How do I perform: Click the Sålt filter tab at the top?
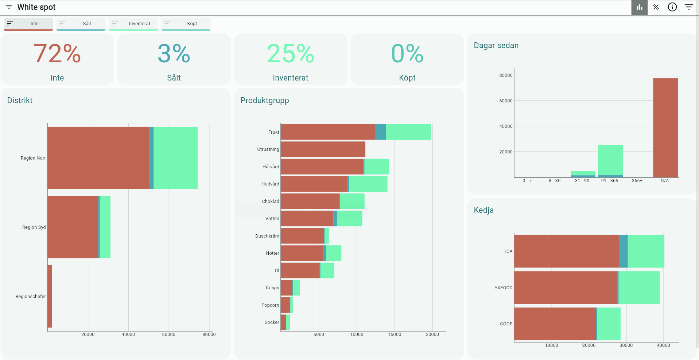81,24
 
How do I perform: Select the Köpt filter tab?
186,24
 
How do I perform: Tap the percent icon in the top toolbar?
656,7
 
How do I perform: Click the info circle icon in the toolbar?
672,7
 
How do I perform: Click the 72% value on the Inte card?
57,54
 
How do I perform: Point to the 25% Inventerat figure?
291,54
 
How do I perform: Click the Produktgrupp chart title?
265,101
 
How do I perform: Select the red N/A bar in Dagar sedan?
665,128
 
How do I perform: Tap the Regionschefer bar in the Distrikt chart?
50,296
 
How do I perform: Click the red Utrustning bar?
323,149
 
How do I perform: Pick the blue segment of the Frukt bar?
380,132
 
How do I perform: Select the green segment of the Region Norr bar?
175,158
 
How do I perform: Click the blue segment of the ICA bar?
623,251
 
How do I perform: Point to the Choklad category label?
271,201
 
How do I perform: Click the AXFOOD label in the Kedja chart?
503,288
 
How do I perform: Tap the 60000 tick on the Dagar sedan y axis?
506,101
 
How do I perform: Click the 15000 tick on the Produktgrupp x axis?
395,334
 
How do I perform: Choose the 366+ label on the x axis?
637,181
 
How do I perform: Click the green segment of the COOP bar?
609,324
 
